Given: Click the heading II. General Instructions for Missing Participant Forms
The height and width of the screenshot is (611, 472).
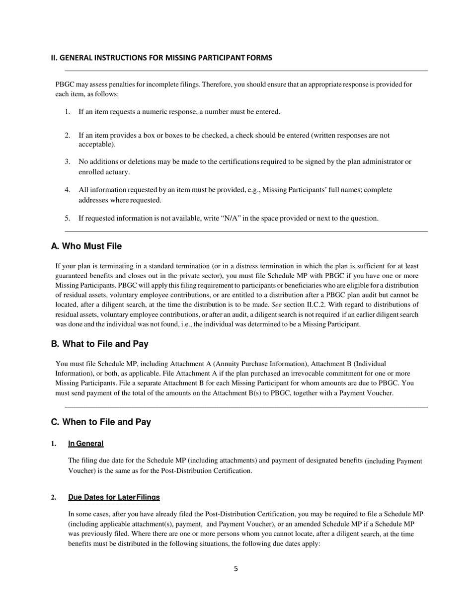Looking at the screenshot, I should tap(161, 58).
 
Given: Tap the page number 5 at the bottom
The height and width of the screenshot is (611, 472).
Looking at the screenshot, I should tap(236, 569).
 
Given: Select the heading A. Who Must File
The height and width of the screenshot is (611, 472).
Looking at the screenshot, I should tap(86, 246).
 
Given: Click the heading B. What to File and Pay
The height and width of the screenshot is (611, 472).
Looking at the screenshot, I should tap(99, 344).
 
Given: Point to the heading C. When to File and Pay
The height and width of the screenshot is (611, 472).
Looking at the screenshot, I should tap(101, 422).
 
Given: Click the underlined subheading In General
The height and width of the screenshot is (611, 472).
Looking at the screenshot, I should tap(85, 444).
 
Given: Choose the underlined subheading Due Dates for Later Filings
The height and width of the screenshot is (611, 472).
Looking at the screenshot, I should tap(114, 497).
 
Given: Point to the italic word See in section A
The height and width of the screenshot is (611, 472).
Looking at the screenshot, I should tap(277, 305).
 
